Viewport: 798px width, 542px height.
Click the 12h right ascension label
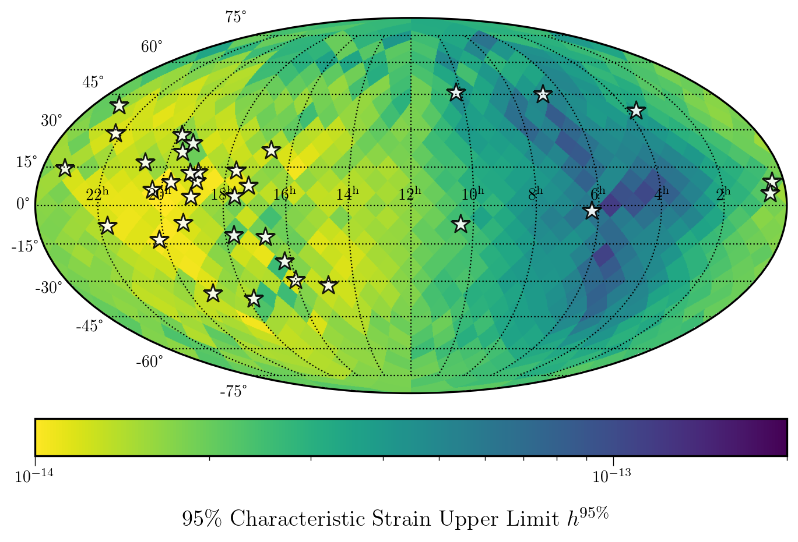[409, 194]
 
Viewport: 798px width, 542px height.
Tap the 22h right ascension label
[97, 194]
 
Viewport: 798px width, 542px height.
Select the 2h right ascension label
[723, 194]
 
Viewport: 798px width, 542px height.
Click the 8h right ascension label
[535, 194]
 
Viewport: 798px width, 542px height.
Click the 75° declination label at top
[235, 17]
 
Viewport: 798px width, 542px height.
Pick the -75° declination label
[233, 392]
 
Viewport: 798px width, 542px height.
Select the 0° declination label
[23, 204]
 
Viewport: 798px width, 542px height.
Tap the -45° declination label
[89, 326]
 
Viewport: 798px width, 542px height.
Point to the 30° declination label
[51, 121]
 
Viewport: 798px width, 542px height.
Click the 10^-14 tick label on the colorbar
[34, 476]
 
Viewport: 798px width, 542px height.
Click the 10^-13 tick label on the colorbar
[611, 476]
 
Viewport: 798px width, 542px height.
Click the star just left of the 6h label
[592, 211]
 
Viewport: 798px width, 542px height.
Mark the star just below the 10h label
[460, 224]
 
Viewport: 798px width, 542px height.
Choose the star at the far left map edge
[65, 168]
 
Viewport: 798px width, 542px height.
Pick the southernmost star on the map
[253, 299]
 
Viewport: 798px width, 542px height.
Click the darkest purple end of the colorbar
[781, 437]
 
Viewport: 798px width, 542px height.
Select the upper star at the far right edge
[772, 181]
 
